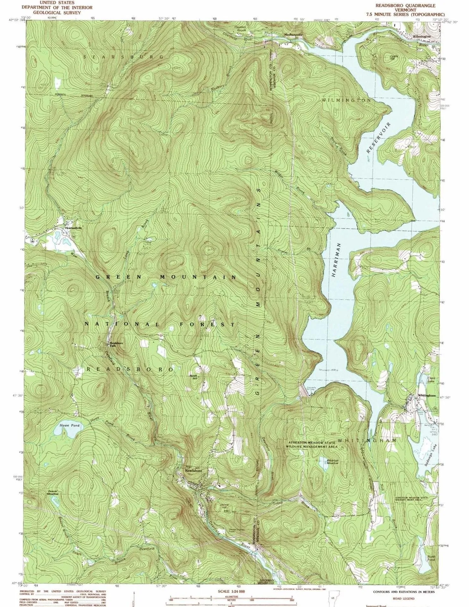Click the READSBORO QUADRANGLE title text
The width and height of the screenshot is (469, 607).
pos(405,6)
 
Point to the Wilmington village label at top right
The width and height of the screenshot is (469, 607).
pos(422,36)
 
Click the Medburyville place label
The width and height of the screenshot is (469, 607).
pos(293,34)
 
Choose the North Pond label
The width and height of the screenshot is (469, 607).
pos(431,558)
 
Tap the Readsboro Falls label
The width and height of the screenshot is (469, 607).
pos(116,344)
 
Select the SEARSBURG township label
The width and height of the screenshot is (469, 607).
pos(124,57)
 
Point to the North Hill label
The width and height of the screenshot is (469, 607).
pos(194,377)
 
